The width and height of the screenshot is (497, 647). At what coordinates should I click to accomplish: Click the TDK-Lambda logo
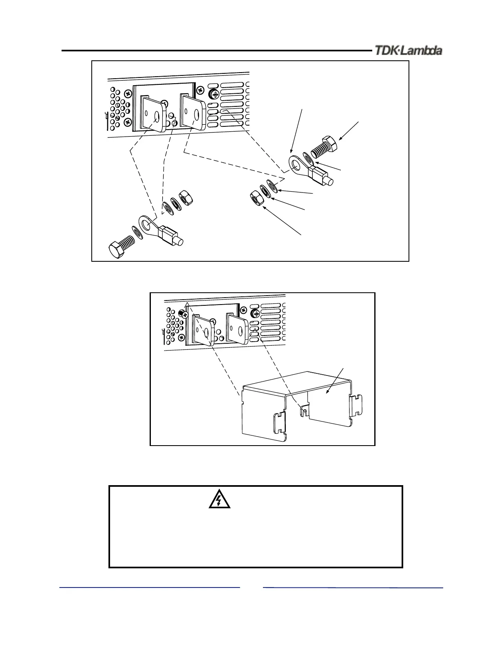pos(409,51)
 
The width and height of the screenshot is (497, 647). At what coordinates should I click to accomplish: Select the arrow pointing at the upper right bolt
pos(349,130)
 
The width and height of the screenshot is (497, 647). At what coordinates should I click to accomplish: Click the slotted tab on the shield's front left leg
pos(279,424)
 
